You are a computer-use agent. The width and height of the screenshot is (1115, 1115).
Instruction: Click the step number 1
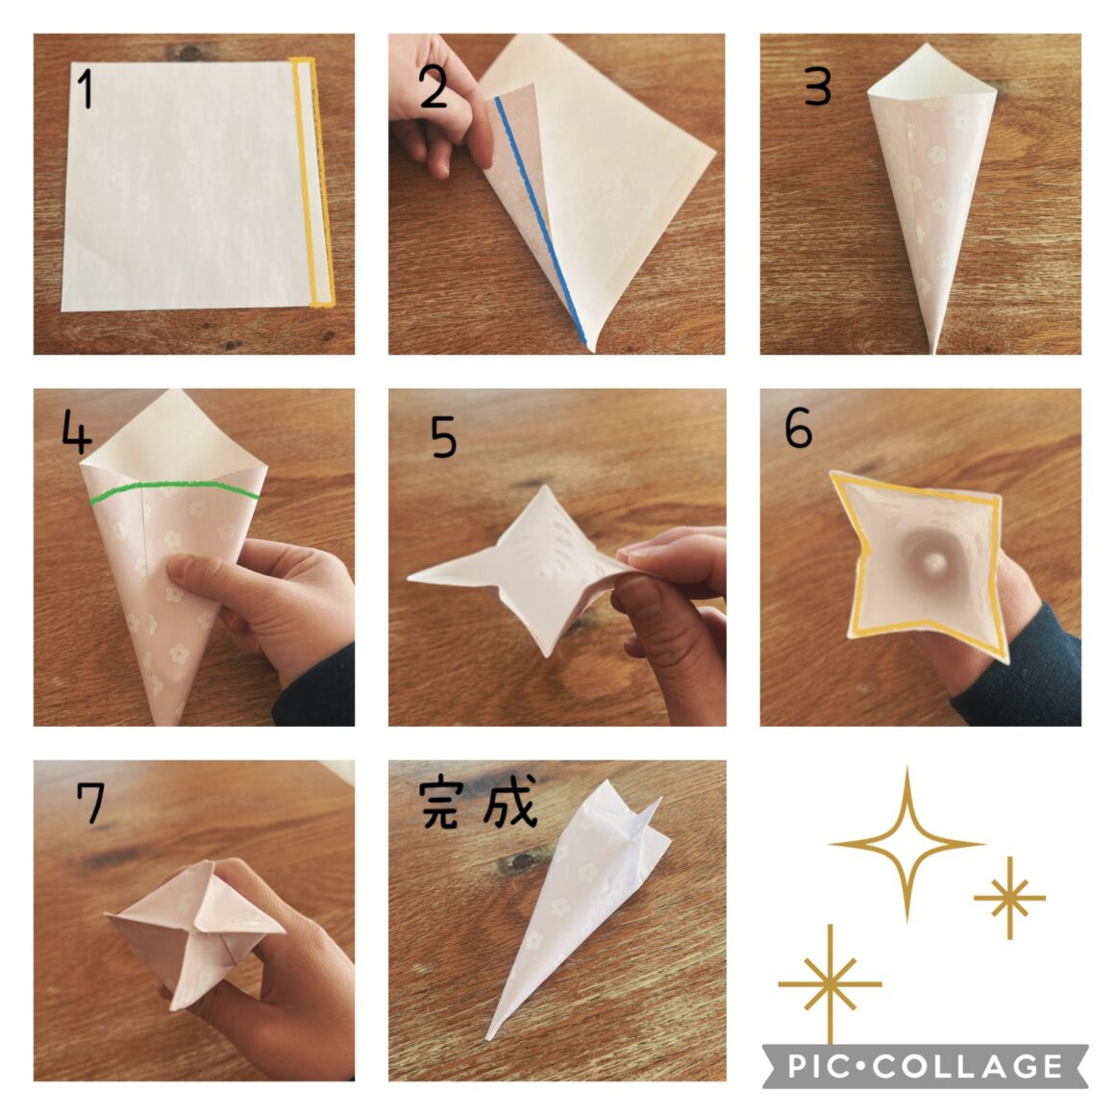(87, 88)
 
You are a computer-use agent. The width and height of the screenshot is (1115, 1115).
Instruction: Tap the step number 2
(434, 87)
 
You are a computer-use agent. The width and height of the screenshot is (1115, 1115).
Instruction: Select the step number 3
(817, 87)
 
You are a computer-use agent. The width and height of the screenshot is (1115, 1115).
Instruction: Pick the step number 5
(444, 436)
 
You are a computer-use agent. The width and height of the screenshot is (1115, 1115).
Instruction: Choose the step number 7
(91, 802)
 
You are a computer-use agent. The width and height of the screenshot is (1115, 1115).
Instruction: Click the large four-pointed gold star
(907, 844)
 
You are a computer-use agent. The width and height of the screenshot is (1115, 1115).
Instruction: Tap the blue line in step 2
(540, 220)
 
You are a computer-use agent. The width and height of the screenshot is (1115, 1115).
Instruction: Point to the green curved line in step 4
(175, 488)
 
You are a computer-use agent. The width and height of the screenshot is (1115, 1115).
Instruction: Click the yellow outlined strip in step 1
(313, 182)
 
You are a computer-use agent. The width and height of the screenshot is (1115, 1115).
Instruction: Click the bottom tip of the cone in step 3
(933, 351)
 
